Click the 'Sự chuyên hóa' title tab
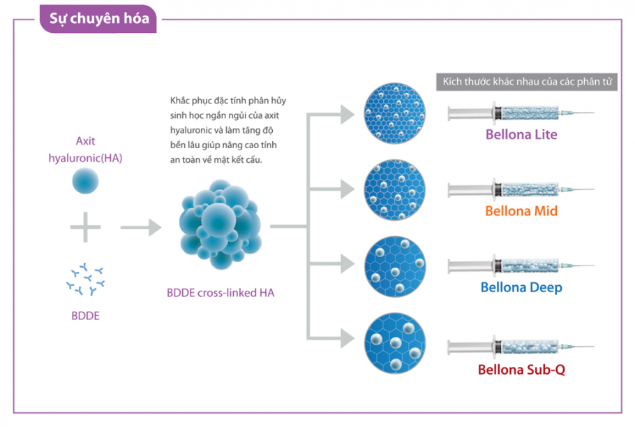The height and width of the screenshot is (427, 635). (98, 19)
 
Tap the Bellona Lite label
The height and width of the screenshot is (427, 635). (521, 135)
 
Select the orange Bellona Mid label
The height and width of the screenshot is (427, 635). (521, 211)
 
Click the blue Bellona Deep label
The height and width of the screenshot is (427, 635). (521, 287)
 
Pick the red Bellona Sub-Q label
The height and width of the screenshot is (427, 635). (521, 370)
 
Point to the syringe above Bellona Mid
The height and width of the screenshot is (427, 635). (521, 189)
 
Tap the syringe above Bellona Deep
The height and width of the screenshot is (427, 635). (521, 266)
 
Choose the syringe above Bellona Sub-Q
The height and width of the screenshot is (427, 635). (521, 347)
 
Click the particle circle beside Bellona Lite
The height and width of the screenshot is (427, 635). (395, 113)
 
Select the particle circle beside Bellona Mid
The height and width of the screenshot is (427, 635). (395, 190)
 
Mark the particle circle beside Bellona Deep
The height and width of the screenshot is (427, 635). (395, 266)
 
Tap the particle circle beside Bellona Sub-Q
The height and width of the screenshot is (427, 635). (395, 343)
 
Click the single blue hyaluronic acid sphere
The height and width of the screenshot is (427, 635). (85, 181)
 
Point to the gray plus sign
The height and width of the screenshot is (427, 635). (85, 227)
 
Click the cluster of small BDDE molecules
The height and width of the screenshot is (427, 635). (85, 279)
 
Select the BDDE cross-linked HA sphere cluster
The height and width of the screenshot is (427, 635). (221, 224)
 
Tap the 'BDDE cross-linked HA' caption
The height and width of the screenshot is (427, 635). (221, 293)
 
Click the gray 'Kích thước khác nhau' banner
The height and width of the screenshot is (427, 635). (527, 82)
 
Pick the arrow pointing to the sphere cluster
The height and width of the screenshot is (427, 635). (141, 227)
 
